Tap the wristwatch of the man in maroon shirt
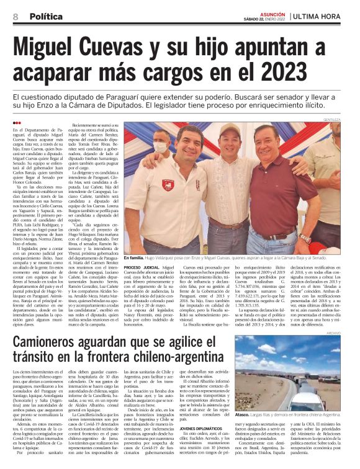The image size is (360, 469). point(305,238)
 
